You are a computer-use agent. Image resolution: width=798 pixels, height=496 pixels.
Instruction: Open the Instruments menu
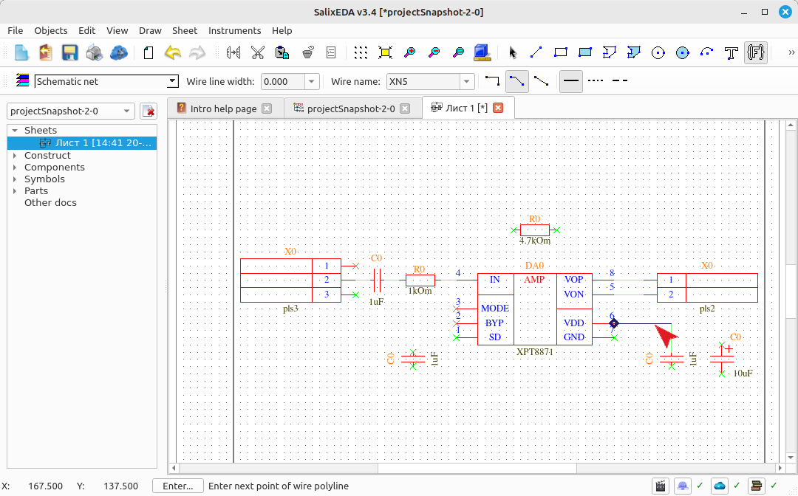(235, 30)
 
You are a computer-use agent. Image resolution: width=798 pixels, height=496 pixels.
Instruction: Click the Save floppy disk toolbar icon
(69, 52)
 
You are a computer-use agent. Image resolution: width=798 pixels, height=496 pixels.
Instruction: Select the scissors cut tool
(258, 52)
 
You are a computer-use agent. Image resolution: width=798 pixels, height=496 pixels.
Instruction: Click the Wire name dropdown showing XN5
(430, 81)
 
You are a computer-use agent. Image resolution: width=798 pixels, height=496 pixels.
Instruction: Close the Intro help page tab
(267, 108)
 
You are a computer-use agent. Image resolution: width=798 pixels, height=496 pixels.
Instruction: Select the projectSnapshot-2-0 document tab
(351, 108)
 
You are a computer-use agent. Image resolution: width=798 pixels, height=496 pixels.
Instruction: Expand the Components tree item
(15, 168)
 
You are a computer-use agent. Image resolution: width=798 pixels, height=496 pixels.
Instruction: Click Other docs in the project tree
(50, 202)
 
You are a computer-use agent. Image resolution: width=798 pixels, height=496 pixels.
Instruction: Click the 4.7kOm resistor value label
(534, 241)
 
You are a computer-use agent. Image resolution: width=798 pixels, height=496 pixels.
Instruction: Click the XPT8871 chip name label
(534, 351)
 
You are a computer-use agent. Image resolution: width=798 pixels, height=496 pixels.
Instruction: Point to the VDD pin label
(573, 323)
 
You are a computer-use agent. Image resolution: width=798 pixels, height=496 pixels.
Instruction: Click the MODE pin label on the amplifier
(494, 308)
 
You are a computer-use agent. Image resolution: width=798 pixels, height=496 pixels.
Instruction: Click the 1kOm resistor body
(420, 280)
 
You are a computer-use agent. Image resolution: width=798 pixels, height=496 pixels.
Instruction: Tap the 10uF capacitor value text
(743, 373)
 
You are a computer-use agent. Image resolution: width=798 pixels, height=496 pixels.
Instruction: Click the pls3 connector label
(290, 308)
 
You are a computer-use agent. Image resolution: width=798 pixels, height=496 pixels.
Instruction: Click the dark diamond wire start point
(614, 323)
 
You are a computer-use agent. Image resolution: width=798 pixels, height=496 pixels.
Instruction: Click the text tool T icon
(731, 52)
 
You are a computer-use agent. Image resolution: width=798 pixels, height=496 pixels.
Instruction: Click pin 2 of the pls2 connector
(671, 294)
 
